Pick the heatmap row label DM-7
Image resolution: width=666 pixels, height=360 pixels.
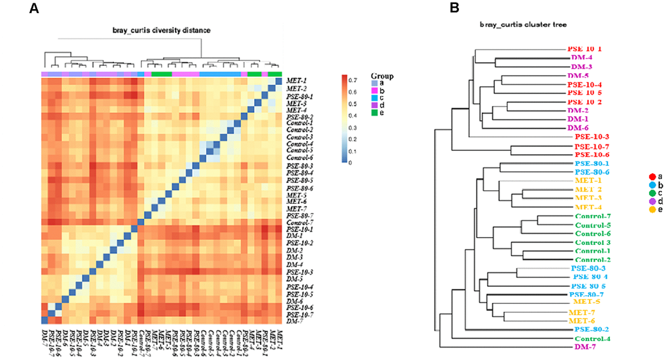point(296,321)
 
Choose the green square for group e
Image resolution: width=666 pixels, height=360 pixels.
point(374,112)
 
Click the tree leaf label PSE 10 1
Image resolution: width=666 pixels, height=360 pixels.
point(584,48)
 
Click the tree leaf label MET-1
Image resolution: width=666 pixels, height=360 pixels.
point(588,180)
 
